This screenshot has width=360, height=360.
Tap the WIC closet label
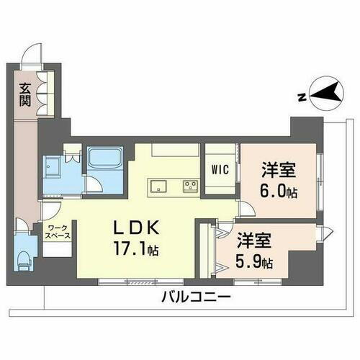tap(220, 171)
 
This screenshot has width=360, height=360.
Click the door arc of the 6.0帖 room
tap(246, 211)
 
